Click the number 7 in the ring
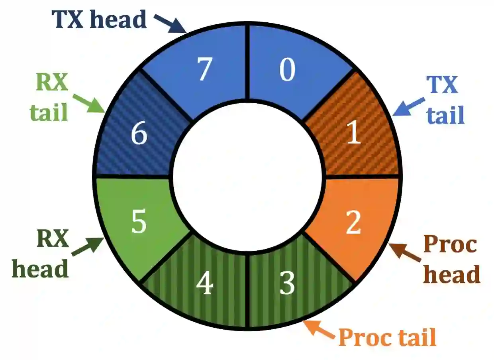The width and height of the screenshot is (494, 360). pyautogui.click(x=204, y=70)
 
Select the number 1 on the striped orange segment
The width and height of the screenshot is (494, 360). pyautogui.click(x=354, y=133)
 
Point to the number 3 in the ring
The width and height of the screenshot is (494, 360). pyautogui.click(x=287, y=283)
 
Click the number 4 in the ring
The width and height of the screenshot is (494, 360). pyautogui.click(x=206, y=285)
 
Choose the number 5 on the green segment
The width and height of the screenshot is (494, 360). pyautogui.click(x=139, y=223)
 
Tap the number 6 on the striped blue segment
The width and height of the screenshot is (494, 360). pyautogui.click(x=139, y=135)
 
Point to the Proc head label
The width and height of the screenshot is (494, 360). pyautogui.click(x=451, y=260)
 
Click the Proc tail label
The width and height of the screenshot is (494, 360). pyautogui.click(x=387, y=338)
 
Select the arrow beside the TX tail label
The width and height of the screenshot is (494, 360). pyautogui.click(x=407, y=106)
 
